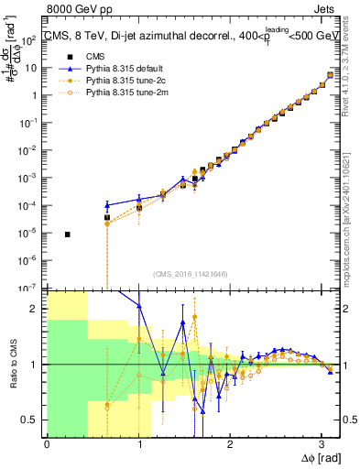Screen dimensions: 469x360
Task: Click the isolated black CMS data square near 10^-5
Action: tap(68, 234)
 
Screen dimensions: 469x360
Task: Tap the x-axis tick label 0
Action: tap(47, 443)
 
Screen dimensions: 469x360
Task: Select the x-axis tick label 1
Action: tap(138, 443)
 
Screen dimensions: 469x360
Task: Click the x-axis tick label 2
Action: tap(230, 443)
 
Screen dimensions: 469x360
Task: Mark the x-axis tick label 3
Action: tap(322, 443)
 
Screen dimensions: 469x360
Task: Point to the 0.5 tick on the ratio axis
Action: tap(34, 420)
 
